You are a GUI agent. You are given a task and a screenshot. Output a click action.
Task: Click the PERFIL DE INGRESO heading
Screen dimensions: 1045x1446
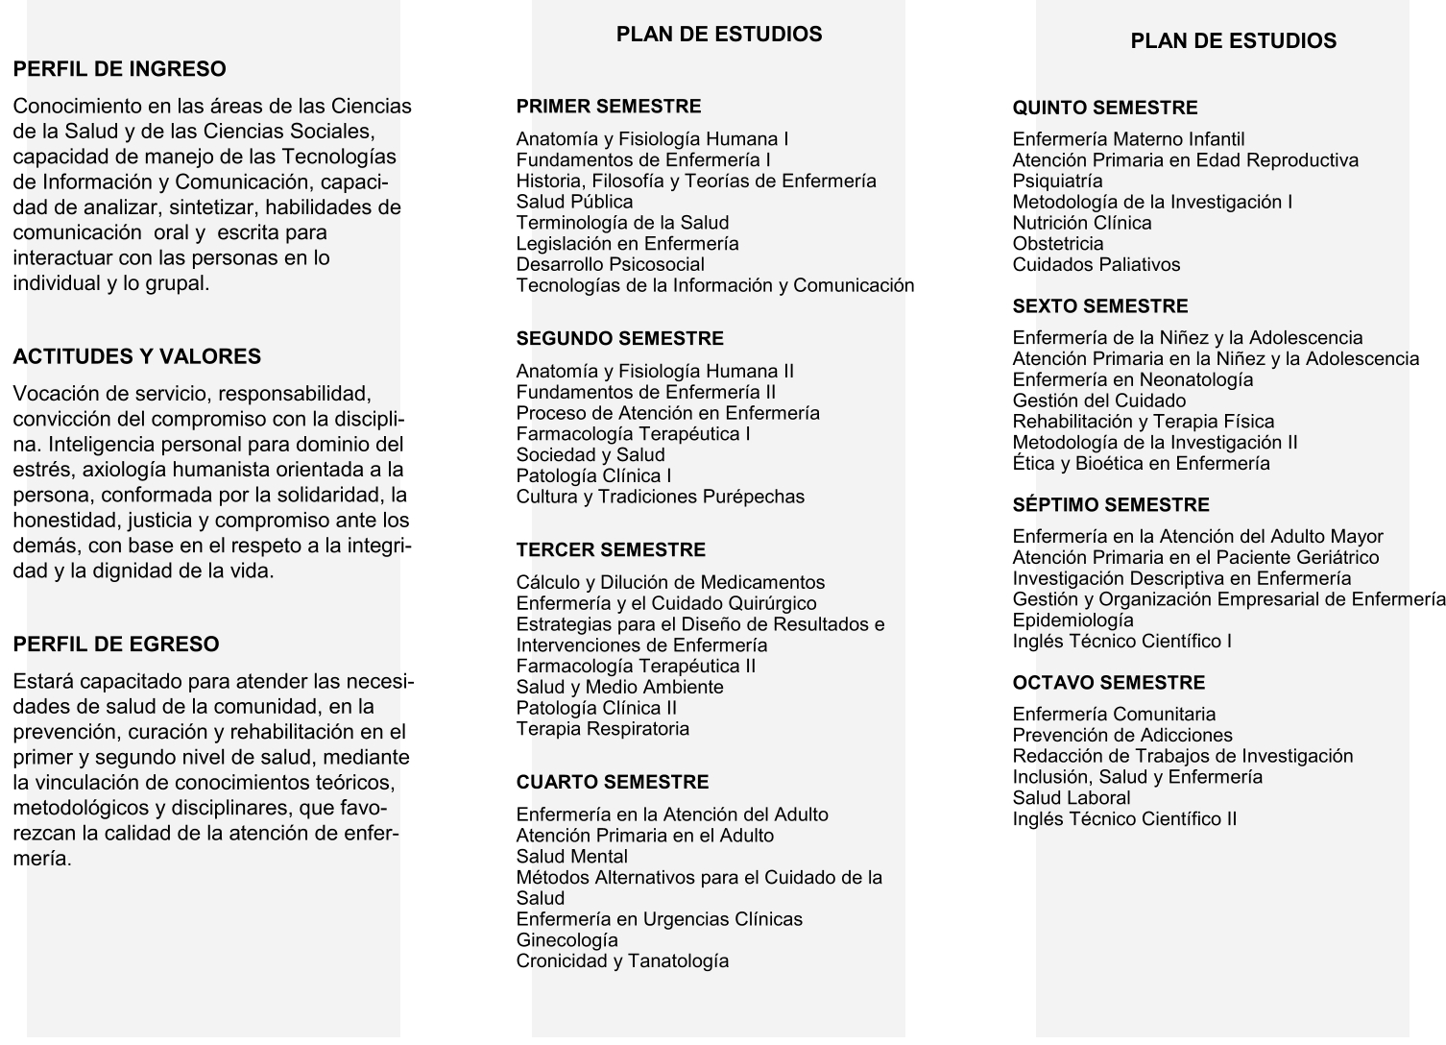pos(119,69)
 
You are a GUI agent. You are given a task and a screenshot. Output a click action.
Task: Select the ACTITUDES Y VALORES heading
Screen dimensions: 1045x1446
pos(136,356)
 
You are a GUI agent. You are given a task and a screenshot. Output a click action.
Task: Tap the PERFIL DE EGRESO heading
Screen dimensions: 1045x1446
pos(115,644)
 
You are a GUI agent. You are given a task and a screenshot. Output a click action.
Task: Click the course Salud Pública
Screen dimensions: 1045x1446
pos(574,202)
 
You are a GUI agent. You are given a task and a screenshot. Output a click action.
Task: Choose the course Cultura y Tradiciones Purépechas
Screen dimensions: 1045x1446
pos(660,497)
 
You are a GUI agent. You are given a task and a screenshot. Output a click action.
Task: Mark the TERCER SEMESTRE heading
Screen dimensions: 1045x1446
pos(610,550)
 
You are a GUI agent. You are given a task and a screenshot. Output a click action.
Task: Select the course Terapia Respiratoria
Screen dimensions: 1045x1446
pos(602,729)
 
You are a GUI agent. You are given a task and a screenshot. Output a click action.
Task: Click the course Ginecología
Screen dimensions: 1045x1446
pos(566,940)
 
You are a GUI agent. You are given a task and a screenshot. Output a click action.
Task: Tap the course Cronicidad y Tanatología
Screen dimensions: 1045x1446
pos(622,961)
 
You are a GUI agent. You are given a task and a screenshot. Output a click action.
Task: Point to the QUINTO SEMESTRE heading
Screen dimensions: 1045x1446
pos(1104,109)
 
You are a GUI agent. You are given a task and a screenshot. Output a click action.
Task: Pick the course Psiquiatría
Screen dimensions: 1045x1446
pos(1057,182)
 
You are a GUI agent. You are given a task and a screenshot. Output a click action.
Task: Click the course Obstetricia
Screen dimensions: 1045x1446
pos(1057,244)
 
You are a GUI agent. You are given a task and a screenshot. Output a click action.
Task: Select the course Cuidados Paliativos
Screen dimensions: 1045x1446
pos(1096,265)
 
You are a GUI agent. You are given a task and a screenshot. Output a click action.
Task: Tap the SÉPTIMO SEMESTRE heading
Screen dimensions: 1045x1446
pos(1110,505)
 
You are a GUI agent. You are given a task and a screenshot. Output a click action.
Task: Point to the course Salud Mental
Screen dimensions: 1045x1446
pos(571,857)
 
